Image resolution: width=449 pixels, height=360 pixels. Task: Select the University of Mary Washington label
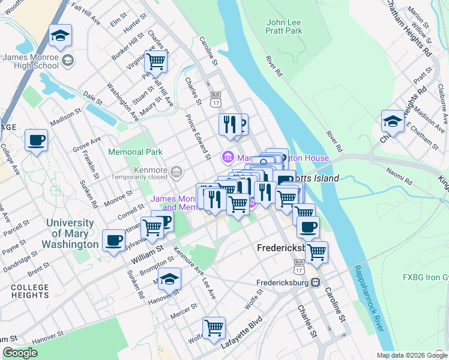70,234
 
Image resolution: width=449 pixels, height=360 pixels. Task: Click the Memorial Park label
136,152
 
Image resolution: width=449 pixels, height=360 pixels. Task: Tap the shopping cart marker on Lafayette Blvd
214,328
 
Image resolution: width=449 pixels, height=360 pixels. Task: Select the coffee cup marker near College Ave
36,140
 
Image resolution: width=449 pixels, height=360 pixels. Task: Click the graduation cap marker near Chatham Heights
393,122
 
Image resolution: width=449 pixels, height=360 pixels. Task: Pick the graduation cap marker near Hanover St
170,279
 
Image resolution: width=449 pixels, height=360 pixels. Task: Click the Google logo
20,353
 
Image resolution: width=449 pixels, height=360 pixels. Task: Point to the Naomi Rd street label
399,176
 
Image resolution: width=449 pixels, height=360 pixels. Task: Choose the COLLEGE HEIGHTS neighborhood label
29,292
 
